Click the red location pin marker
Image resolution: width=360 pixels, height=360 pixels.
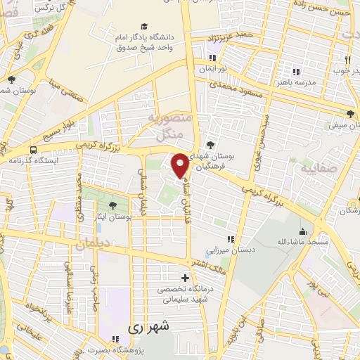[x=180, y=165]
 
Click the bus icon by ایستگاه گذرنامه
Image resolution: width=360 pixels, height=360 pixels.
[x=34, y=150]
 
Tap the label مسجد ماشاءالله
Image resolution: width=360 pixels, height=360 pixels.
[x=303, y=242]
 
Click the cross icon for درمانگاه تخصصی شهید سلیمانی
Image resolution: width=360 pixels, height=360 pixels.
[x=185, y=278]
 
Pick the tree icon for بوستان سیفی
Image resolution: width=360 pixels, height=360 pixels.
[x=350, y=113]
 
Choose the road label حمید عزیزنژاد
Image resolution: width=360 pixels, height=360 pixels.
[x=233, y=34]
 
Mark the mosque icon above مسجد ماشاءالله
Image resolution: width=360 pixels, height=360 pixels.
[x=303, y=231]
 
